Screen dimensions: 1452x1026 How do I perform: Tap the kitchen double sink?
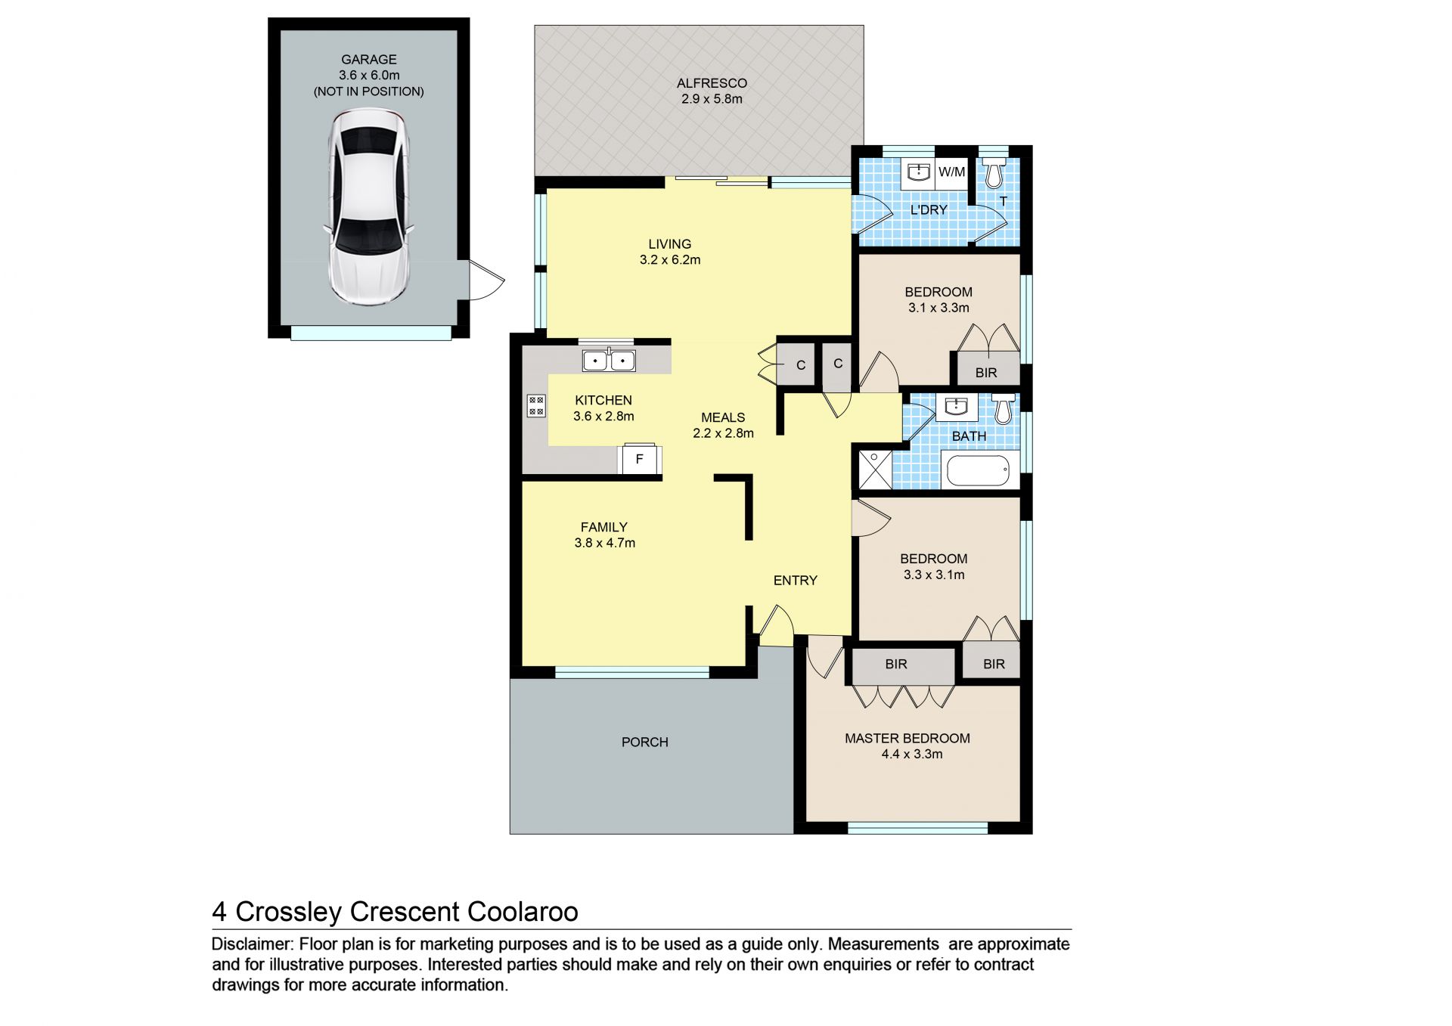pos(609,361)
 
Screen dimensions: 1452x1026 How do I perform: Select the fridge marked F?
pos(640,459)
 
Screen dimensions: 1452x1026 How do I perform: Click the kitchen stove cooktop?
pos(536,406)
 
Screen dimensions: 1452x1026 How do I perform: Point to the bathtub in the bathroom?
pos(978,470)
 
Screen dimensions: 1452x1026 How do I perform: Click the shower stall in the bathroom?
pos(874,469)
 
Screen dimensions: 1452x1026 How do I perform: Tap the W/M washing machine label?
pos(951,172)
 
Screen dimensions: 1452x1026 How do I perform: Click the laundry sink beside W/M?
pos(918,172)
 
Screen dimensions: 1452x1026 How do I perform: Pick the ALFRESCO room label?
pos(712,83)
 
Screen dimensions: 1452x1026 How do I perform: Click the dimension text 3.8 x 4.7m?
pos(605,543)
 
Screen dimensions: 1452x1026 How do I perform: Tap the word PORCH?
pos(645,742)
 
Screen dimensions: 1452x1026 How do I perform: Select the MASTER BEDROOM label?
pos(907,739)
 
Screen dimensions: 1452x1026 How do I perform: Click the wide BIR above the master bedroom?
pos(896,665)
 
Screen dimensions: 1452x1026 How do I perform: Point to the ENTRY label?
pos(796,581)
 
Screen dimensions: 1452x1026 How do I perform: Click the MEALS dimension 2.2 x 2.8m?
pos(724,433)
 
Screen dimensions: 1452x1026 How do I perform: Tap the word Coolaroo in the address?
pos(523,912)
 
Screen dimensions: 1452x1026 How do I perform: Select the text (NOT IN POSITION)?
pos(369,91)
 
